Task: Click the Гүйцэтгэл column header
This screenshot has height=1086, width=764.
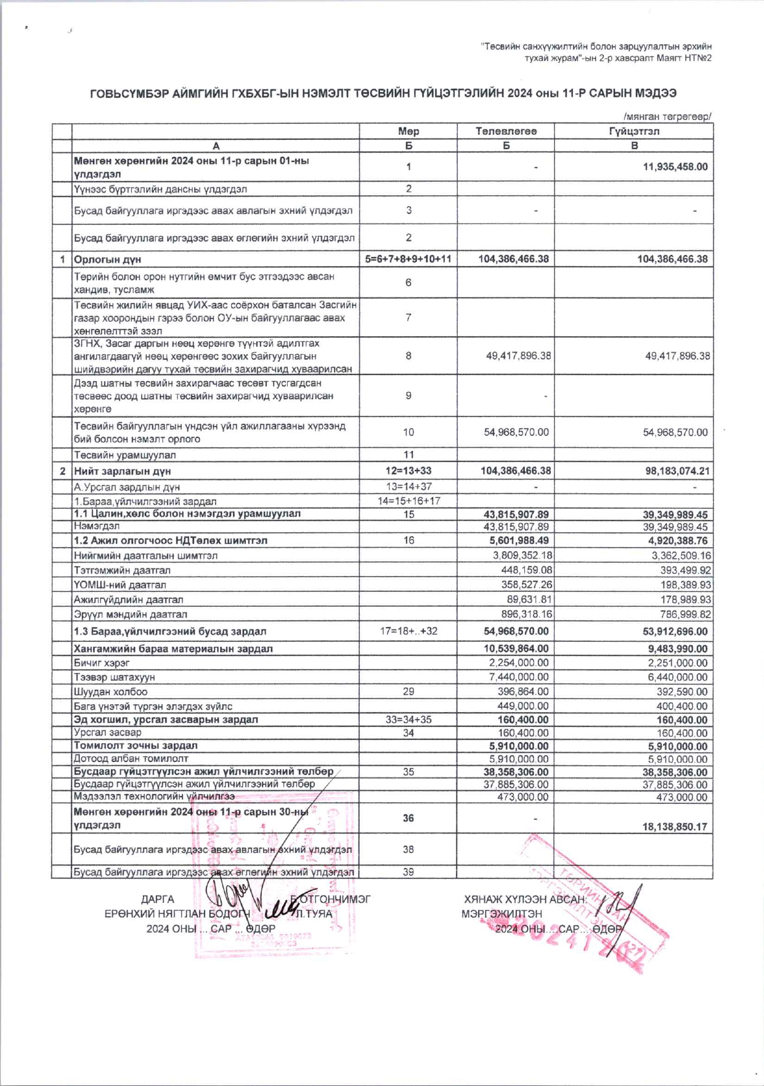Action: [634, 131]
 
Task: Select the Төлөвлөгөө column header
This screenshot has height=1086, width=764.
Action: [506, 131]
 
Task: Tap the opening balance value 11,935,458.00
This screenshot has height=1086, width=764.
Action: [675, 167]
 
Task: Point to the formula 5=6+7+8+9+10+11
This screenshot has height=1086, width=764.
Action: [408, 259]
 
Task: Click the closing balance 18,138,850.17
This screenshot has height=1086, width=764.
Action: [675, 827]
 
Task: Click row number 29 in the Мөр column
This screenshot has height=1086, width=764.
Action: [408, 692]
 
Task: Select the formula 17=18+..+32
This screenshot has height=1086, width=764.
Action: [408, 631]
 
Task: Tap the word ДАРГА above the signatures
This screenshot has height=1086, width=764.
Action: [157, 899]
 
